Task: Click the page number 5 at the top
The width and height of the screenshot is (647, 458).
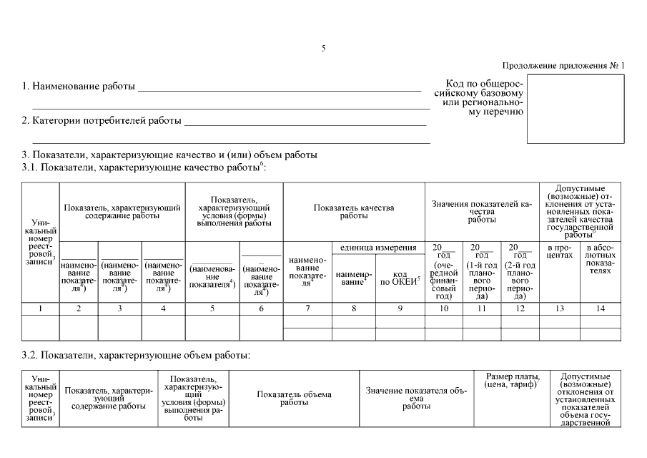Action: [323, 49]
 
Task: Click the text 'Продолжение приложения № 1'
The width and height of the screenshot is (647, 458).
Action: [563, 66]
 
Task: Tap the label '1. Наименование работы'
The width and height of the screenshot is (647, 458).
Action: [79, 87]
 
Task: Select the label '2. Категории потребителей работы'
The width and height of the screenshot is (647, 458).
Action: [101, 120]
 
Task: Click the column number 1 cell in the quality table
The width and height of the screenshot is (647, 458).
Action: [41, 308]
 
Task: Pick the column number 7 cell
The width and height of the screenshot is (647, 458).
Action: [307, 308]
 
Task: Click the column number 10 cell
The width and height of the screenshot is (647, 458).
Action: [444, 308]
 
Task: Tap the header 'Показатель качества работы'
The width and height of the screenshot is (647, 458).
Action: [354, 212]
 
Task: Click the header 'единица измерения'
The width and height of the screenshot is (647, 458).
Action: [378, 248]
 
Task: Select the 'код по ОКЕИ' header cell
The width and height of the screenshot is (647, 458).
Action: [400, 278]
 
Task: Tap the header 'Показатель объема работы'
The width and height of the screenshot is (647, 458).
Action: [294, 398]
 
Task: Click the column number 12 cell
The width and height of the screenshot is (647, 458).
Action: [520, 308]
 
